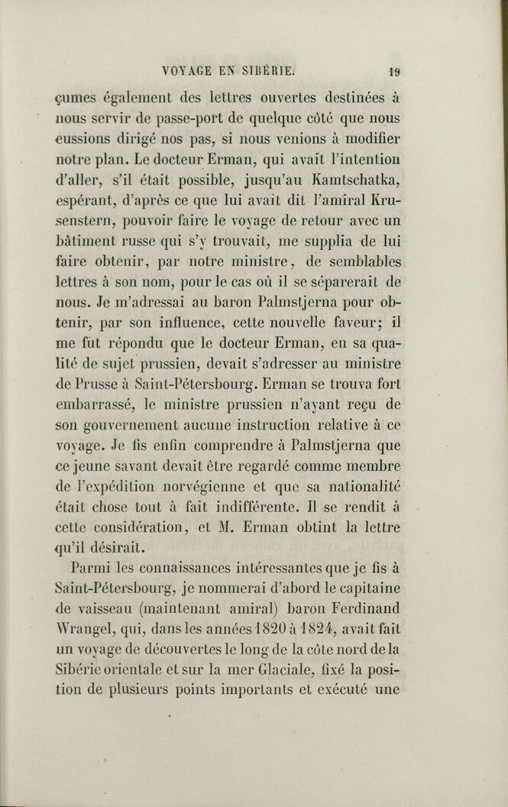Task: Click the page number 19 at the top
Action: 395,73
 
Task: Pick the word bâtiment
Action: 87,242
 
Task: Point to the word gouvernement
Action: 137,425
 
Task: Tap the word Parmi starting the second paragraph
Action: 91,569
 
